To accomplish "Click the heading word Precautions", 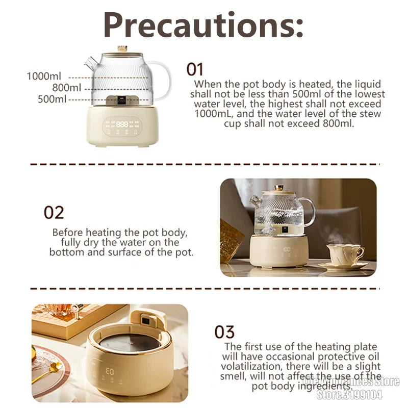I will coord(203,24).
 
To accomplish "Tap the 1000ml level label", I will coord(44,76).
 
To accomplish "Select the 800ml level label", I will coord(66,88).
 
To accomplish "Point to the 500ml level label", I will coord(53,99).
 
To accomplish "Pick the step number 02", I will coord(54,212).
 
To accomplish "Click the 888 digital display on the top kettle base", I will coord(122,124).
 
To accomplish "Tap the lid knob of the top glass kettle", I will coord(122,49).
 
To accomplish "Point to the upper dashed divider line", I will coord(203,164).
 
